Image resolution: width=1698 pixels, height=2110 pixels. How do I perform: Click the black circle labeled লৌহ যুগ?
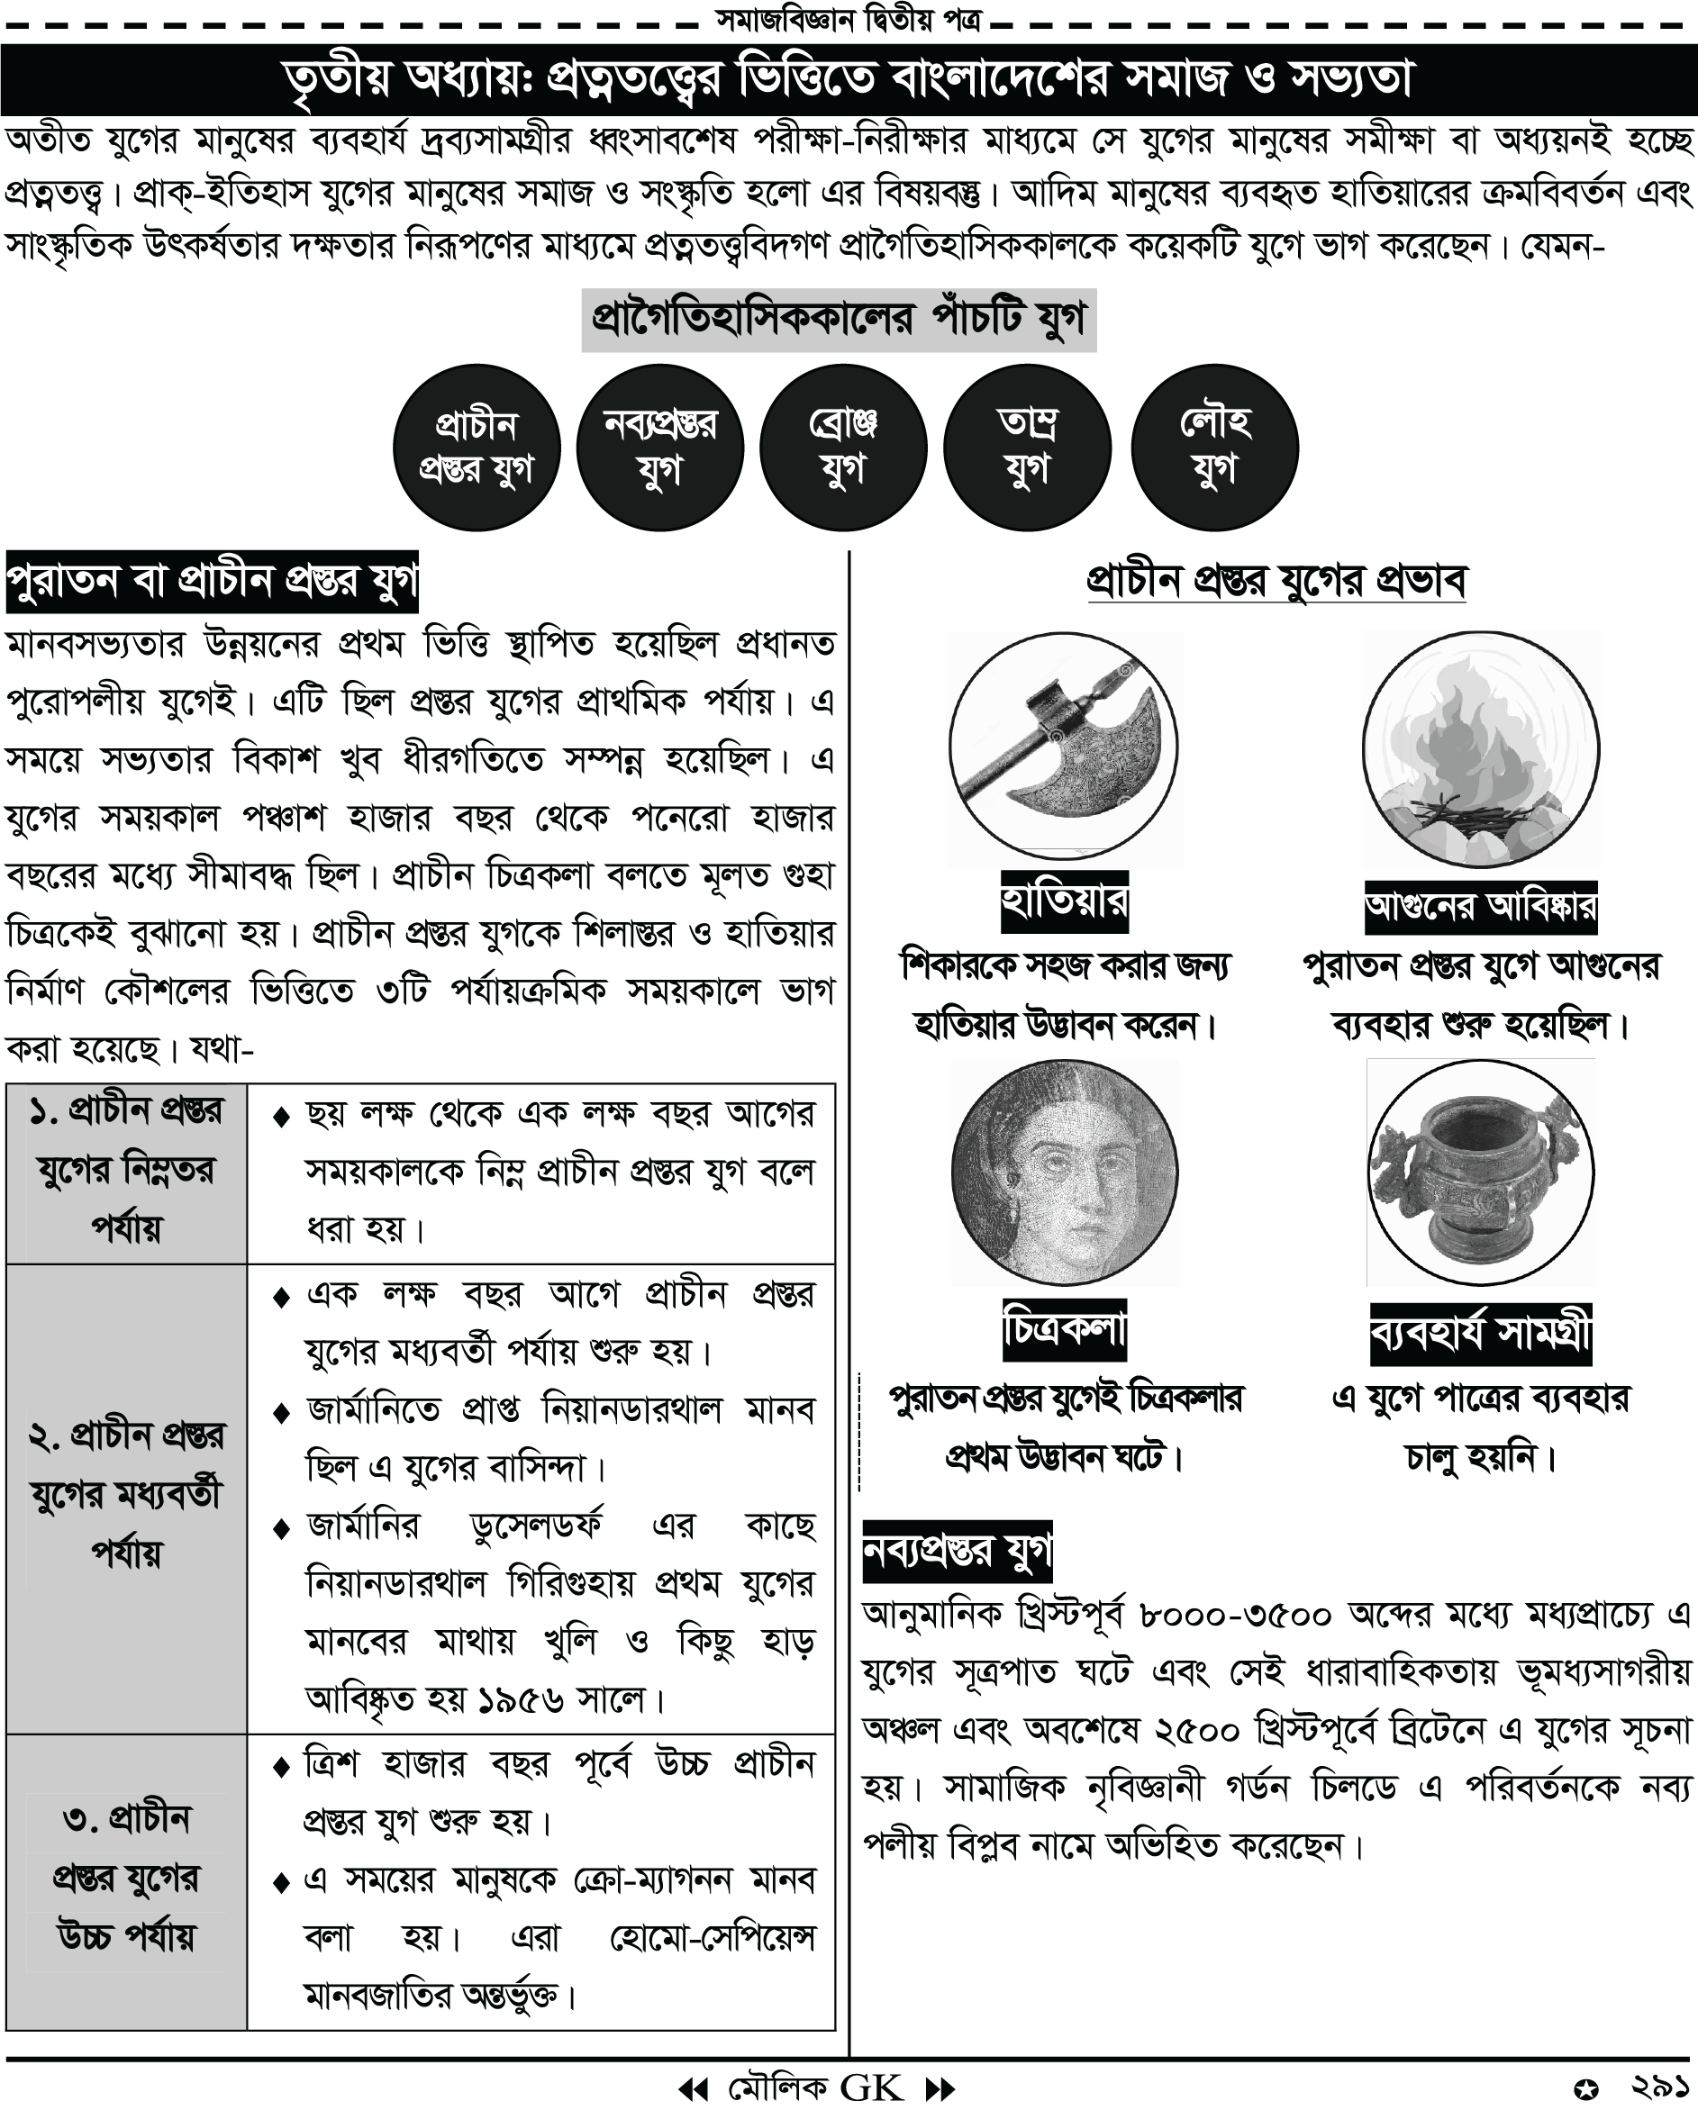coord(1214,448)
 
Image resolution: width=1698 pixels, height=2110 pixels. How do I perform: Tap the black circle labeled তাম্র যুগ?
coord(1027,448)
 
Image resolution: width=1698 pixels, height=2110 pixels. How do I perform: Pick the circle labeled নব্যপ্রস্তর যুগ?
coord(659,448)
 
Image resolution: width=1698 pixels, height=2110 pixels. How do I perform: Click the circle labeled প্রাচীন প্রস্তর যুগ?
coord(476,448)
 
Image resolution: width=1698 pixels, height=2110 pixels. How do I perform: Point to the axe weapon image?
coord(1064,748)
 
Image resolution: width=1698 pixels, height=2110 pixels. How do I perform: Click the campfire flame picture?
coord(1480,748)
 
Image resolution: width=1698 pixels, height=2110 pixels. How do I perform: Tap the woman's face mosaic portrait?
coord(1064,1173)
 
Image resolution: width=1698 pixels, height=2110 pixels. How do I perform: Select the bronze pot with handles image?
coord(1480,1173)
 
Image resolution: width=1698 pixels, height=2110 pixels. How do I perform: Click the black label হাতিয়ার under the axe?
coord(1064,901)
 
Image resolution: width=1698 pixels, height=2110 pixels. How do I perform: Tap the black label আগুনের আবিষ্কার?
coord(1480,906)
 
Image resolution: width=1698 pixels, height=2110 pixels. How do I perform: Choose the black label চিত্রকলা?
coord(1064,1330)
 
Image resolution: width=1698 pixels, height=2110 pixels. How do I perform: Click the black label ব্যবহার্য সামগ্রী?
coord(1480,1334)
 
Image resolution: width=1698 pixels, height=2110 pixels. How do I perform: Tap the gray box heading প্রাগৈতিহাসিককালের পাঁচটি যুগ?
coord(839,319)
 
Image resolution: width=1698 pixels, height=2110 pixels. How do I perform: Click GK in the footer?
coord(871,2087)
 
